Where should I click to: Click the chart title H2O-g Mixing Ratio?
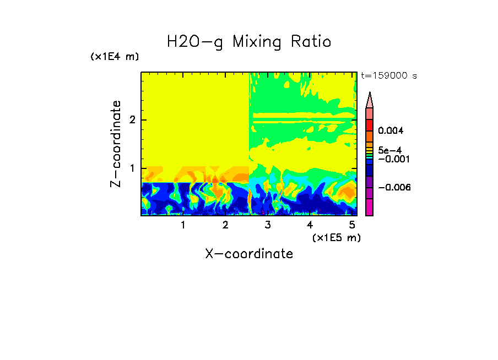click(x=249, y=41)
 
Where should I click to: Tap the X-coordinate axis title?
click(x=249, y=254)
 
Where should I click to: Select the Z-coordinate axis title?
click(x=116, y=144)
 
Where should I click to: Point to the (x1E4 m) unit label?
click(x=115, y=57)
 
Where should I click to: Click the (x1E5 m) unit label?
click(x=336, y=237)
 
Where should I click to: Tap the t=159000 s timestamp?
click(x=388, y=76)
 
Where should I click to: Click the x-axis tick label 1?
click(x=183, y=225)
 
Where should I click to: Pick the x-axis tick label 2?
click(x=225, y=225)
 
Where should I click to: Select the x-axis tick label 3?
click(x=268, y=225)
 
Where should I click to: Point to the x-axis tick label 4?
click(x=310, y=225)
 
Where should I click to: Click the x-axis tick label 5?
click(x=352, y=225)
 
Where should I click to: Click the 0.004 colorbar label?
click(x=391, y=131)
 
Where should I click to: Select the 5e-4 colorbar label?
click(x=389, y=150)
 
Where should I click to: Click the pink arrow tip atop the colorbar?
click(x=369, y=100)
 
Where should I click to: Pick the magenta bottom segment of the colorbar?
click(x=369, y=208)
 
